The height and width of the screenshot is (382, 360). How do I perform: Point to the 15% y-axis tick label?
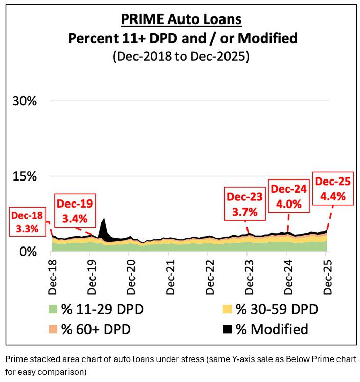(x=25, y=176)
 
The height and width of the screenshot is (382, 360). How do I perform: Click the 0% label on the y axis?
(x=28, y=252)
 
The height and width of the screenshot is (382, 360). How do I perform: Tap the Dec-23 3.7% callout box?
(x=245, y=203)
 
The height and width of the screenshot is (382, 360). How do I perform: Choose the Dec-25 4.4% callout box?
(x=333, y=189)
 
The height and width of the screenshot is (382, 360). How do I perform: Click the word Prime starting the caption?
(x=15, y=359)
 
